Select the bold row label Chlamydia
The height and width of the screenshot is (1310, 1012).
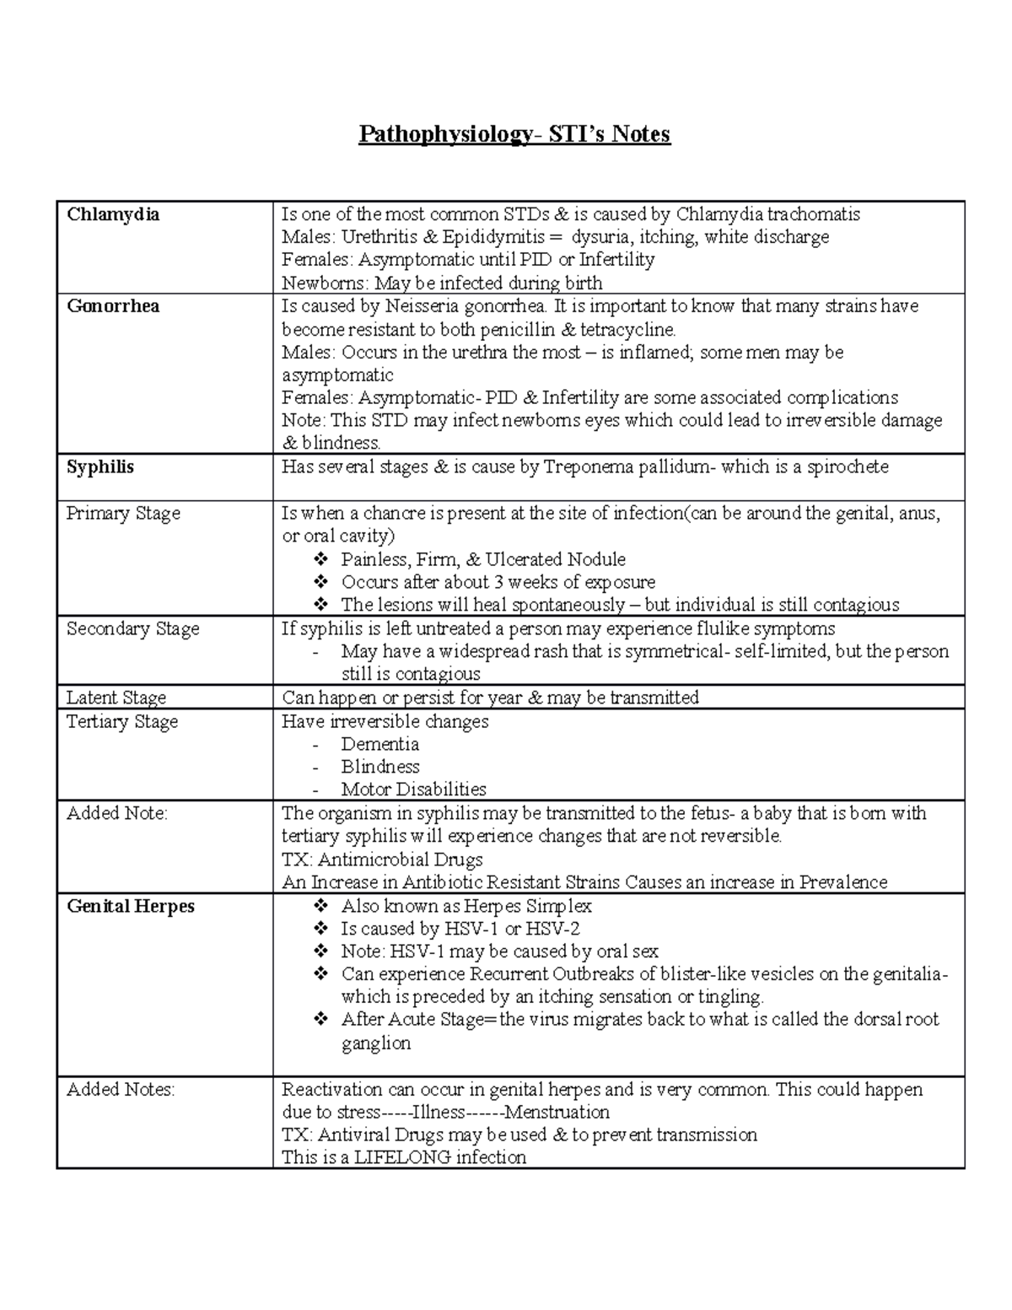113,214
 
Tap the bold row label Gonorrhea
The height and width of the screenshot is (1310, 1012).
113,306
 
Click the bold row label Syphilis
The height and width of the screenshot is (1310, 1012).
100,467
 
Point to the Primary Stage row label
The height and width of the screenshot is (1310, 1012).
123,514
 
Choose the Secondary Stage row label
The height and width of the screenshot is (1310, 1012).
132,629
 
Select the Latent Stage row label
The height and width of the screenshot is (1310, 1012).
116,698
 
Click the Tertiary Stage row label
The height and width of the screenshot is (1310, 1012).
122,722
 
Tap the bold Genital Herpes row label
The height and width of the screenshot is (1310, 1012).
131,907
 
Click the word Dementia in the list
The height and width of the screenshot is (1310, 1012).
379,745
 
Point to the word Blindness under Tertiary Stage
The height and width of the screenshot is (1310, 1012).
379,768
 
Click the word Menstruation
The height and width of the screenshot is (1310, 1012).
557,1113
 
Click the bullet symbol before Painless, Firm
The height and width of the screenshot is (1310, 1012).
320,560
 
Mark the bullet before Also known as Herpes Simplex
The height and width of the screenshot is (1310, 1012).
320,907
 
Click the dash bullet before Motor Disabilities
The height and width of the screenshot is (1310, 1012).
316,790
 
